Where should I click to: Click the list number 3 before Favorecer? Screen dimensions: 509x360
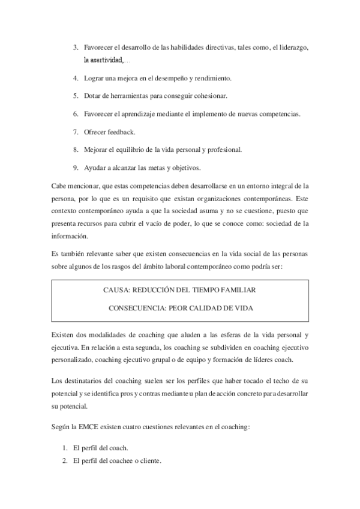tap(75, 47)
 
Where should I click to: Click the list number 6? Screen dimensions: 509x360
tap(75, 113)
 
